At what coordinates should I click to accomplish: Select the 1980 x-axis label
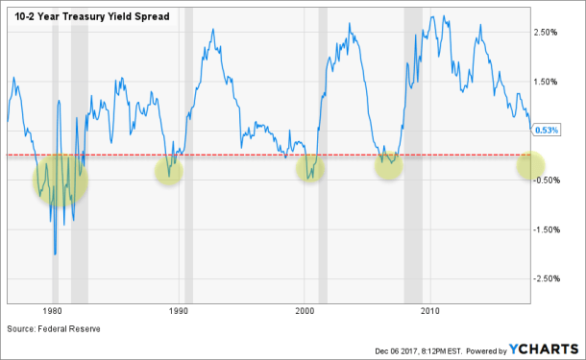click(x=53, y=312)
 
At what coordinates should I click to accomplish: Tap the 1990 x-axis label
click(x=179, y=312)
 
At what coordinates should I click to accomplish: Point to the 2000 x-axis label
click(x=305, y=312)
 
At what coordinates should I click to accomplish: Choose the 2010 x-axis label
click(x=431, y=312)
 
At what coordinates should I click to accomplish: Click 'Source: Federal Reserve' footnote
click(x=54, y=328)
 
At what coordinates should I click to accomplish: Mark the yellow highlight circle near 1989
click(x=168, y=172)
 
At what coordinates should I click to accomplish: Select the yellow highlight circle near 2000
click(x=309, y=169)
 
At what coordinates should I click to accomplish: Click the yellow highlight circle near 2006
click(x=388, y=165)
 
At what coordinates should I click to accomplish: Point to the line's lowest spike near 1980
click(x=55, y=253)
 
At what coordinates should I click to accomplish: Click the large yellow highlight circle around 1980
click(x=60, y=179)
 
